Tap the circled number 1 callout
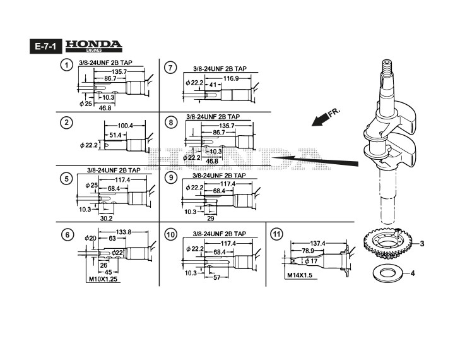(66, 66)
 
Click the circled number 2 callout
(66, 122)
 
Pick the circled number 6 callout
(66, 235)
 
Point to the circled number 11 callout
(276, 234)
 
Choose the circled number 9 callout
(170, 177)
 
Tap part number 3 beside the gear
(422, 243)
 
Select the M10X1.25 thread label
(103, 277)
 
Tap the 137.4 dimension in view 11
(318, 243)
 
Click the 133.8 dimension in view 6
(125, 232)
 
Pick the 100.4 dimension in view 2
(124, 126)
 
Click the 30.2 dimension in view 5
(106, 219)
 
